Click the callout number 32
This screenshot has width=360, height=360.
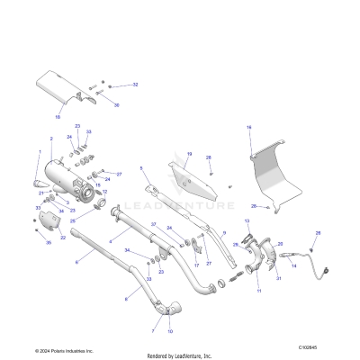click(x=135, y=85)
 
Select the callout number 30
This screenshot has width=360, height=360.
click(x=116, y=104)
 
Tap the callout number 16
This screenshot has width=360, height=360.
click(x=248, y=128)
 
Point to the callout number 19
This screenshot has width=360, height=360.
click(x=189, y=154)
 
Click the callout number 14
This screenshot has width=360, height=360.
click(x=292, y=266)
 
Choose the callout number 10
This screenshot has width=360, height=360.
click(x=170, y=332)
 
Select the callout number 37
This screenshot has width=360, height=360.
click(x=153, y=224)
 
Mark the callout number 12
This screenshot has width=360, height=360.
click(x=104, y=193)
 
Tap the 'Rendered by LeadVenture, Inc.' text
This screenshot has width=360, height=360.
click(x=180, y=354)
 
